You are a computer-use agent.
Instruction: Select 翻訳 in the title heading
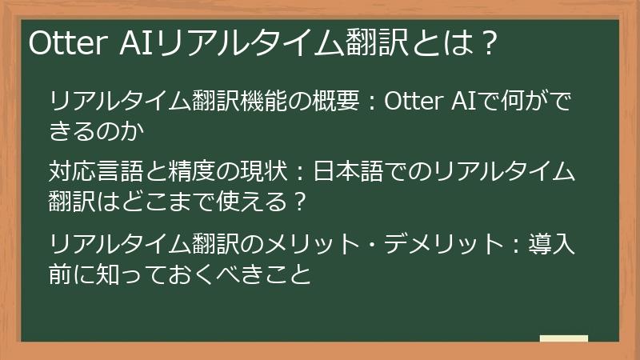(x=379, y=43)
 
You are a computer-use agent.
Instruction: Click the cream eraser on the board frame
(x=564, y=339)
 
